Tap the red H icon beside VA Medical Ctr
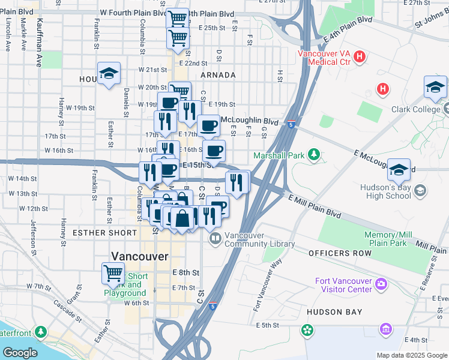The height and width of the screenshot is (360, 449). (360, 58)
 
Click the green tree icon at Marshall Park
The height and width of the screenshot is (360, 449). (313, 155)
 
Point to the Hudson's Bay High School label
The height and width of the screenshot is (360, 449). (385, 191)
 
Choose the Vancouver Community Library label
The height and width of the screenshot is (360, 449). (259, 239)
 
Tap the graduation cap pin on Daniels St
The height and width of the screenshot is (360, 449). (109, 74)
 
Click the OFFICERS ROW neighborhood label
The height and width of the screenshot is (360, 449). (337, 254)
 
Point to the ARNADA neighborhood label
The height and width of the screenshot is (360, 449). (218, 75)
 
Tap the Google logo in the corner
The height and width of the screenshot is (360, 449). (20, 353)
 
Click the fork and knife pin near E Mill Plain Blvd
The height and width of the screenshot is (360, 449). (238, 182)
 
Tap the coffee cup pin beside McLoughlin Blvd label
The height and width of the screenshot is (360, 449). (208, 127)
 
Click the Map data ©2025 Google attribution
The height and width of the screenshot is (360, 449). (412, 355)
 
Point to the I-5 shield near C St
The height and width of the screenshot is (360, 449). (213, 306)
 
